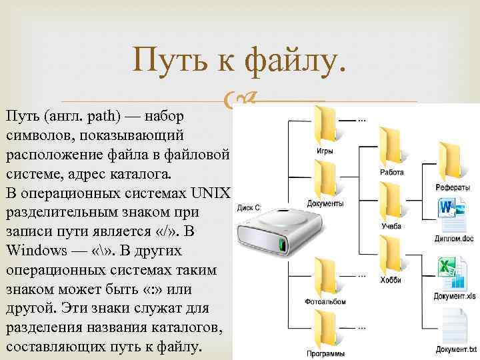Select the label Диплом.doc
pos(454,238)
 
